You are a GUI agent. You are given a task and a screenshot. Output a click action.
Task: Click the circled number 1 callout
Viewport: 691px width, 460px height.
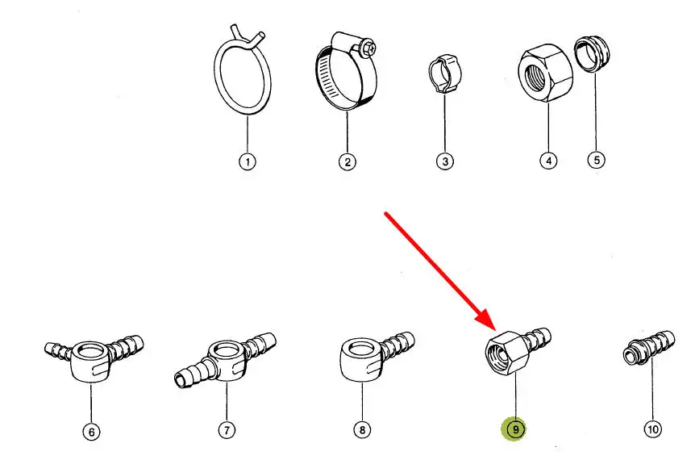tap(248, 161)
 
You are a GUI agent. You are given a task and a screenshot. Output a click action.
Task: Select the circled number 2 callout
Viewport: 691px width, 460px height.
tap(348, 162)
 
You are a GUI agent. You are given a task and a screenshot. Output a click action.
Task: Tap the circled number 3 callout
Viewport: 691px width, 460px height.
tap(445, 161)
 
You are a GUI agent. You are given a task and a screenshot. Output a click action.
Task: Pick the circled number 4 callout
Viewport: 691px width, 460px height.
tap(548, 161)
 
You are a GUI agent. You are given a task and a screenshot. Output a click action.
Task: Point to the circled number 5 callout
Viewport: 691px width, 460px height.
tap(596, 160)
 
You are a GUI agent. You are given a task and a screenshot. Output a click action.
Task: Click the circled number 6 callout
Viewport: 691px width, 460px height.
tap(91, 431)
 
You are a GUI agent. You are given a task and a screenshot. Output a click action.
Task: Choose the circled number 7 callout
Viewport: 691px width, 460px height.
tap(227, 429)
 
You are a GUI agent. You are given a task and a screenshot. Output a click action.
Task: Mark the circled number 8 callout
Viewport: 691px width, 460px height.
tap(362, 429)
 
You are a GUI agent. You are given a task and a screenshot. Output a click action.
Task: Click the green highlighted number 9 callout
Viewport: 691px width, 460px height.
tap(514, 429)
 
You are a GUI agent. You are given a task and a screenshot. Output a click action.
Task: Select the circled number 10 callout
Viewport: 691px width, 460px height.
tap(652, 429)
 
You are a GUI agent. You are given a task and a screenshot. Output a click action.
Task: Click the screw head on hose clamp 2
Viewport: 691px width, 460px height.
tap(368, 48)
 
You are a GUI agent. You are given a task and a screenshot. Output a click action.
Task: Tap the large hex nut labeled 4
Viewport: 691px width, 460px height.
tap(545, 73)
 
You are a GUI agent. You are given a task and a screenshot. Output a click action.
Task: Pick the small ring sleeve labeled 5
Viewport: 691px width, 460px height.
tap(591, 54)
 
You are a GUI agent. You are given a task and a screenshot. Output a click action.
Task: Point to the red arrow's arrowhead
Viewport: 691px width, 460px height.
tap(486, 319)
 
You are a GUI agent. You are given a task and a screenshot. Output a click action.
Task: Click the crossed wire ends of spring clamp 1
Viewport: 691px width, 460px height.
tap(247, 36)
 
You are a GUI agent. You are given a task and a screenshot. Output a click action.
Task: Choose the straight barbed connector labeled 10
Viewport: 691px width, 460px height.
tap(649, 349)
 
